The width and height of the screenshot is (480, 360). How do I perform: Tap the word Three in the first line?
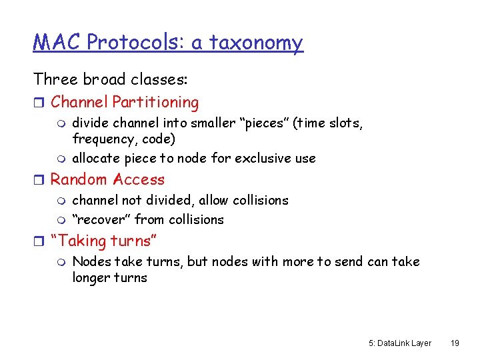[55, 79]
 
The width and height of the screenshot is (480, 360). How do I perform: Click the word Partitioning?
[155, 103]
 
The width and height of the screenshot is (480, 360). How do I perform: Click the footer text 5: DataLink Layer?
[399, 343]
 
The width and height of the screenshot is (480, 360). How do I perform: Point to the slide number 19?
[455, 343]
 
